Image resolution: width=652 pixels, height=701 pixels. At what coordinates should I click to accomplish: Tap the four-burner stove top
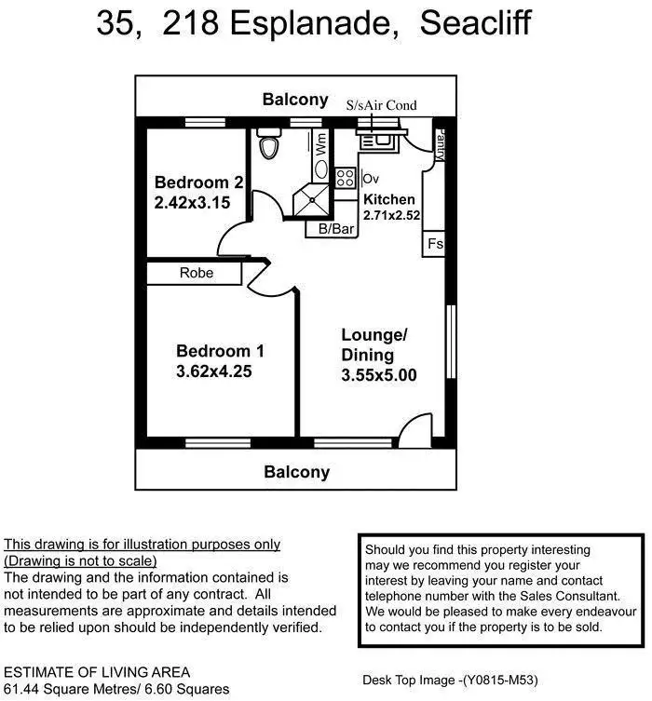point(346,178)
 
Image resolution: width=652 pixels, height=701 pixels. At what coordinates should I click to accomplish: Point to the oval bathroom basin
point(320,169)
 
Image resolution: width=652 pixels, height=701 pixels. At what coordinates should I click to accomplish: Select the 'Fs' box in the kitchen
point(434,245)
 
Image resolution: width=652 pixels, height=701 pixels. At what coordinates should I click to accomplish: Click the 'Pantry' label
point(439,144)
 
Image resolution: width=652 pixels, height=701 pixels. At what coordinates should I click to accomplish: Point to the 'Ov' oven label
point(371,179)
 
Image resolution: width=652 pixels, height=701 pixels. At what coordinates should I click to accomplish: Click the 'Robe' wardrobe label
point(197,273)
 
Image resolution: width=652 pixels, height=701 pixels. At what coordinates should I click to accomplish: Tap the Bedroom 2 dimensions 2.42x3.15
point(192,202)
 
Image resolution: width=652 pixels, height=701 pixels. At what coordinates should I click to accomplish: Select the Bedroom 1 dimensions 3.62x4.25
point(214,371)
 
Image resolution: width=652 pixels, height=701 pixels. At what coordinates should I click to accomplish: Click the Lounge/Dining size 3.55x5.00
point(378,376)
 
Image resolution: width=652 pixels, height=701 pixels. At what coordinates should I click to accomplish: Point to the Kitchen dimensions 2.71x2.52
point(392,215)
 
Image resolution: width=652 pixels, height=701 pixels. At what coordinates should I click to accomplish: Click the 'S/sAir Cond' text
point(381,105)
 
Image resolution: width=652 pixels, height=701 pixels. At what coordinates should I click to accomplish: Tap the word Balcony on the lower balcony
point(296,472)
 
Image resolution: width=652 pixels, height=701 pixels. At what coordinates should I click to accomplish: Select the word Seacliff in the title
point(475,23)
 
